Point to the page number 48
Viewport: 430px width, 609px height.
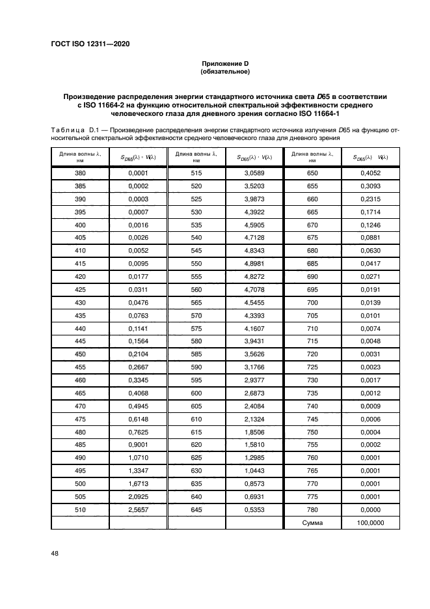click(55, 554)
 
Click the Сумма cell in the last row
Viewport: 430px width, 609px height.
click(312, 522)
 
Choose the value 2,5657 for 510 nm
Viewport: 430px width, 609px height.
click(137, 510)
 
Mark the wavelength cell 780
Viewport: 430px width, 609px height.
click(312, 510)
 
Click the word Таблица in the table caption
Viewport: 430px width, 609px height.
click(68, 130)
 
